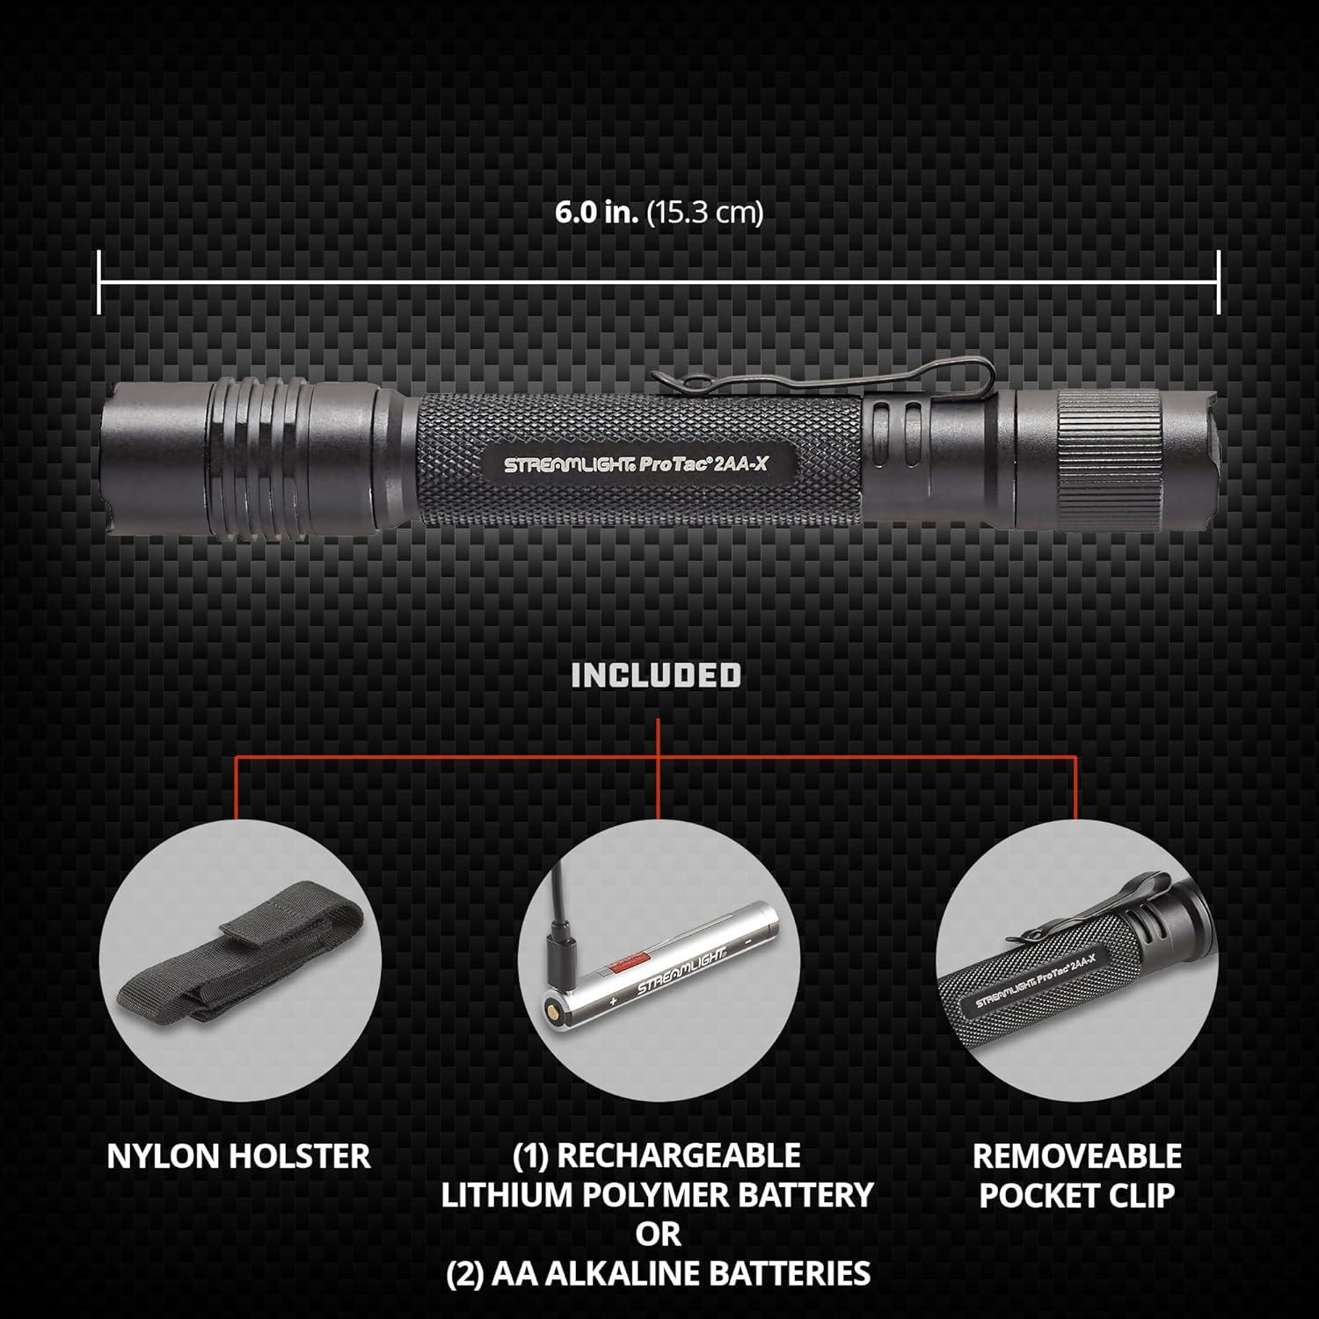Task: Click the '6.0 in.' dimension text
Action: [596, 214]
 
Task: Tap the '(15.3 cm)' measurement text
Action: [705, 214]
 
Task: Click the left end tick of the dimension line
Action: [99, 281]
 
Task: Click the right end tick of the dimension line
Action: [1219, 281]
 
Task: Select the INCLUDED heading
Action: [656, 675]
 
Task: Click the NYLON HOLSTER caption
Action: [238, 1156]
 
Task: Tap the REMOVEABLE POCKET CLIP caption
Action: [1077, 1176]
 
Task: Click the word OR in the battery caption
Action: [659, 1234]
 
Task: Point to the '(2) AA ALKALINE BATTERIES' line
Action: [659, 1273]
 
